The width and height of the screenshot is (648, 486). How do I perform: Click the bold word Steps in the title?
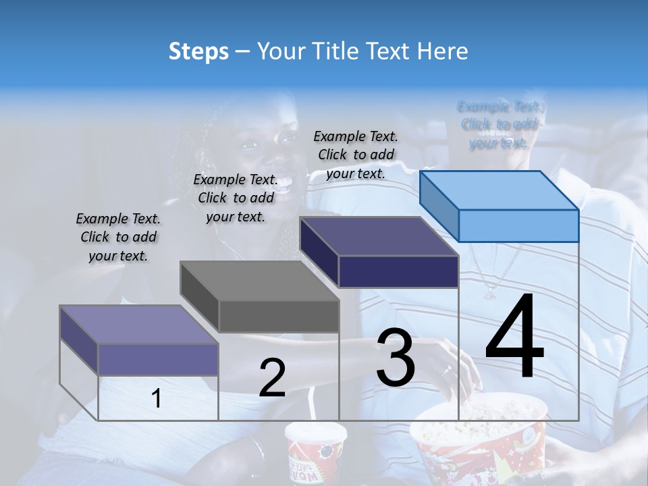[198, 51]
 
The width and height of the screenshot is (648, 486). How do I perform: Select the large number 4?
[514, 338]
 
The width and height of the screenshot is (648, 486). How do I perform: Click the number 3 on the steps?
[396, 358]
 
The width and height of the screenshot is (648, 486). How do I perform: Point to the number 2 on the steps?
[272, 377]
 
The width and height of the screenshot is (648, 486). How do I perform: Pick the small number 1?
[156, 398]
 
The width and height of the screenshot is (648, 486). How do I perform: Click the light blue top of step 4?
[500, 190]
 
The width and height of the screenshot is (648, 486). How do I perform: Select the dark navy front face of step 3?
[398, 271]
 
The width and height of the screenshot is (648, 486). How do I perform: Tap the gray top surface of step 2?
[260, 281]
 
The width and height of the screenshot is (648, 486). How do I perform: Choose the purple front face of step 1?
[158, 359]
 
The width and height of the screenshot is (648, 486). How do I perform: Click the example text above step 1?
[118, 237]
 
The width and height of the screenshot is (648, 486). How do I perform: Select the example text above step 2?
[236, 198]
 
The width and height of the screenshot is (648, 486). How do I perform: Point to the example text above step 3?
[356, 155]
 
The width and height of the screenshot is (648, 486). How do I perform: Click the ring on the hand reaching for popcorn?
[446, 370]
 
